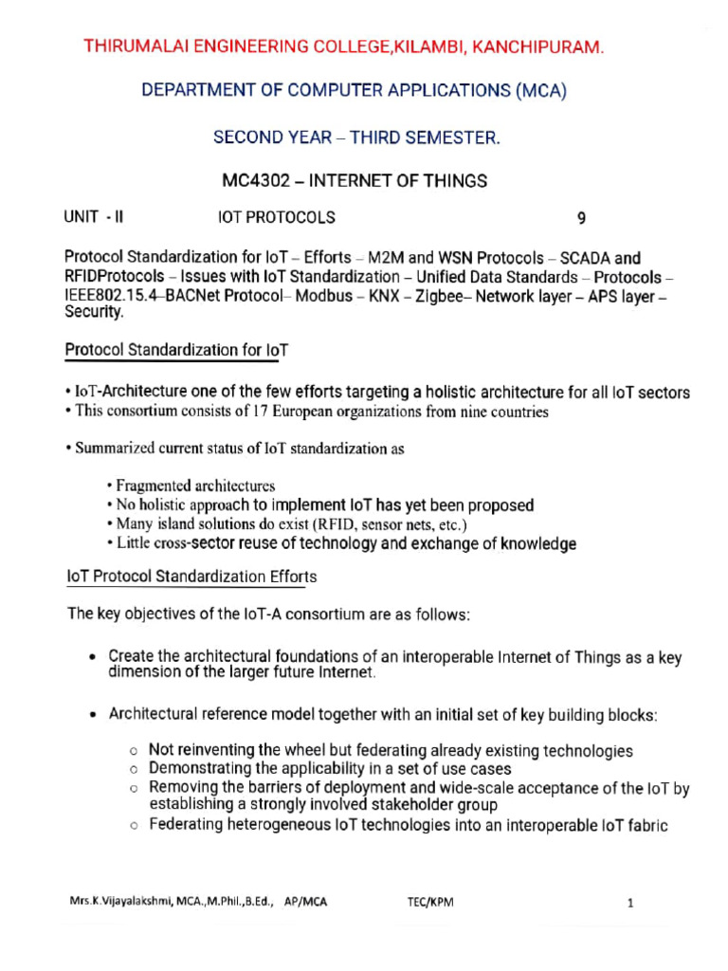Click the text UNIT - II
coord(94,217)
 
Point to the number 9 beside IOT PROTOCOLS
coord(582,218)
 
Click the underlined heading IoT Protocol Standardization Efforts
coord(191,577)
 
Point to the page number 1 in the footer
coord(629,904)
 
